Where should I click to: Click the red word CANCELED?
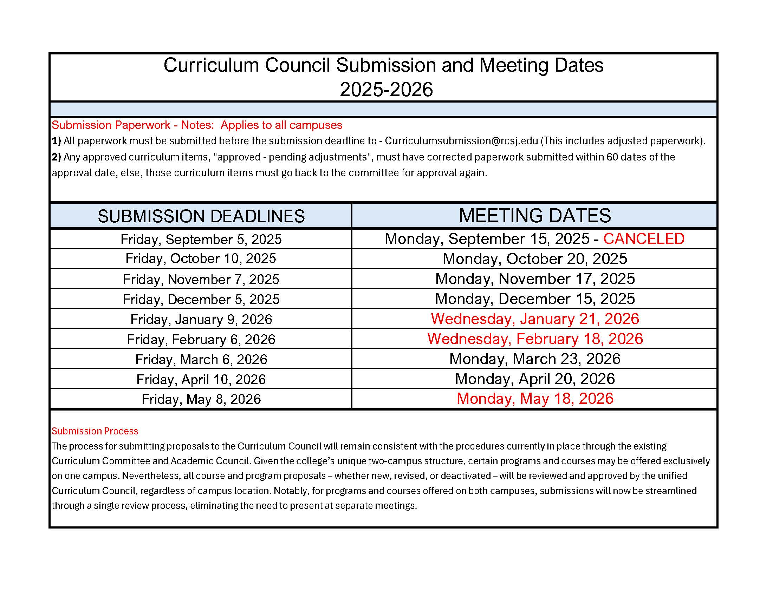point(643,239)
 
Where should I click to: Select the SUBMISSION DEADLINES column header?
point(201,216)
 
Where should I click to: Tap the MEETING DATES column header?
point(534,215)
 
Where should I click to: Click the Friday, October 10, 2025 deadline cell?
point(201,258)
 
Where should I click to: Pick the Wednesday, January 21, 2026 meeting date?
point(534,319)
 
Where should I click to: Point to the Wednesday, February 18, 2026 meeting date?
point(534,339)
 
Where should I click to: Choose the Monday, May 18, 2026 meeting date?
point(534,399)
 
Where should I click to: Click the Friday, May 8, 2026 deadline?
point(201,399)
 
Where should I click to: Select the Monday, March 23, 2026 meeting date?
point(534,359)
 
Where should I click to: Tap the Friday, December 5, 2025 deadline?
point(201,300)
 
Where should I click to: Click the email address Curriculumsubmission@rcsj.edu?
point(461,141)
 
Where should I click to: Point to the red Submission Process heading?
point(95,431)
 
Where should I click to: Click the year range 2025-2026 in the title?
point(386,89)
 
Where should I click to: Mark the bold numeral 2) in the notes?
point(56,157)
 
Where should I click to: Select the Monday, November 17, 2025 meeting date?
point(534,279)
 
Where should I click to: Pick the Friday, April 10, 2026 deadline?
point(201,380)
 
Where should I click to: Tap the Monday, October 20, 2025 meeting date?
point(534,259)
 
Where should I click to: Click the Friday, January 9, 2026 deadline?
point(201,319)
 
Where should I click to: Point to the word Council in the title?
point(297,65)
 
